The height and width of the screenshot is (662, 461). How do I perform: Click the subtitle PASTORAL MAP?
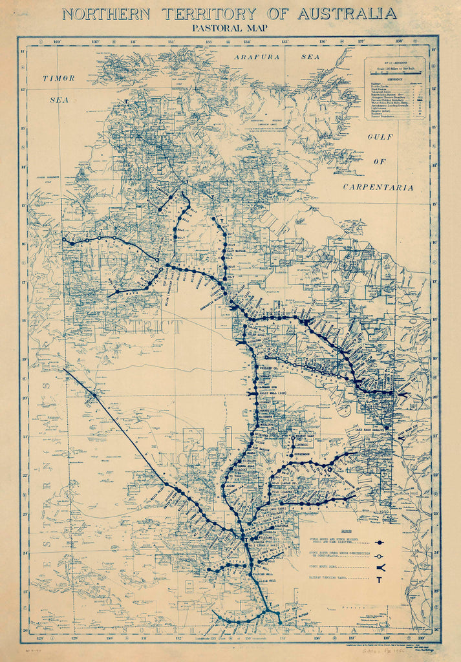230,28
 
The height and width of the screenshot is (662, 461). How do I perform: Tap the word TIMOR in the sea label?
59,78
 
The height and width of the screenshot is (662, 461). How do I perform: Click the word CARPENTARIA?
378,187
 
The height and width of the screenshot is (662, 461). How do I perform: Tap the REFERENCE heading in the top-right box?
395,79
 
